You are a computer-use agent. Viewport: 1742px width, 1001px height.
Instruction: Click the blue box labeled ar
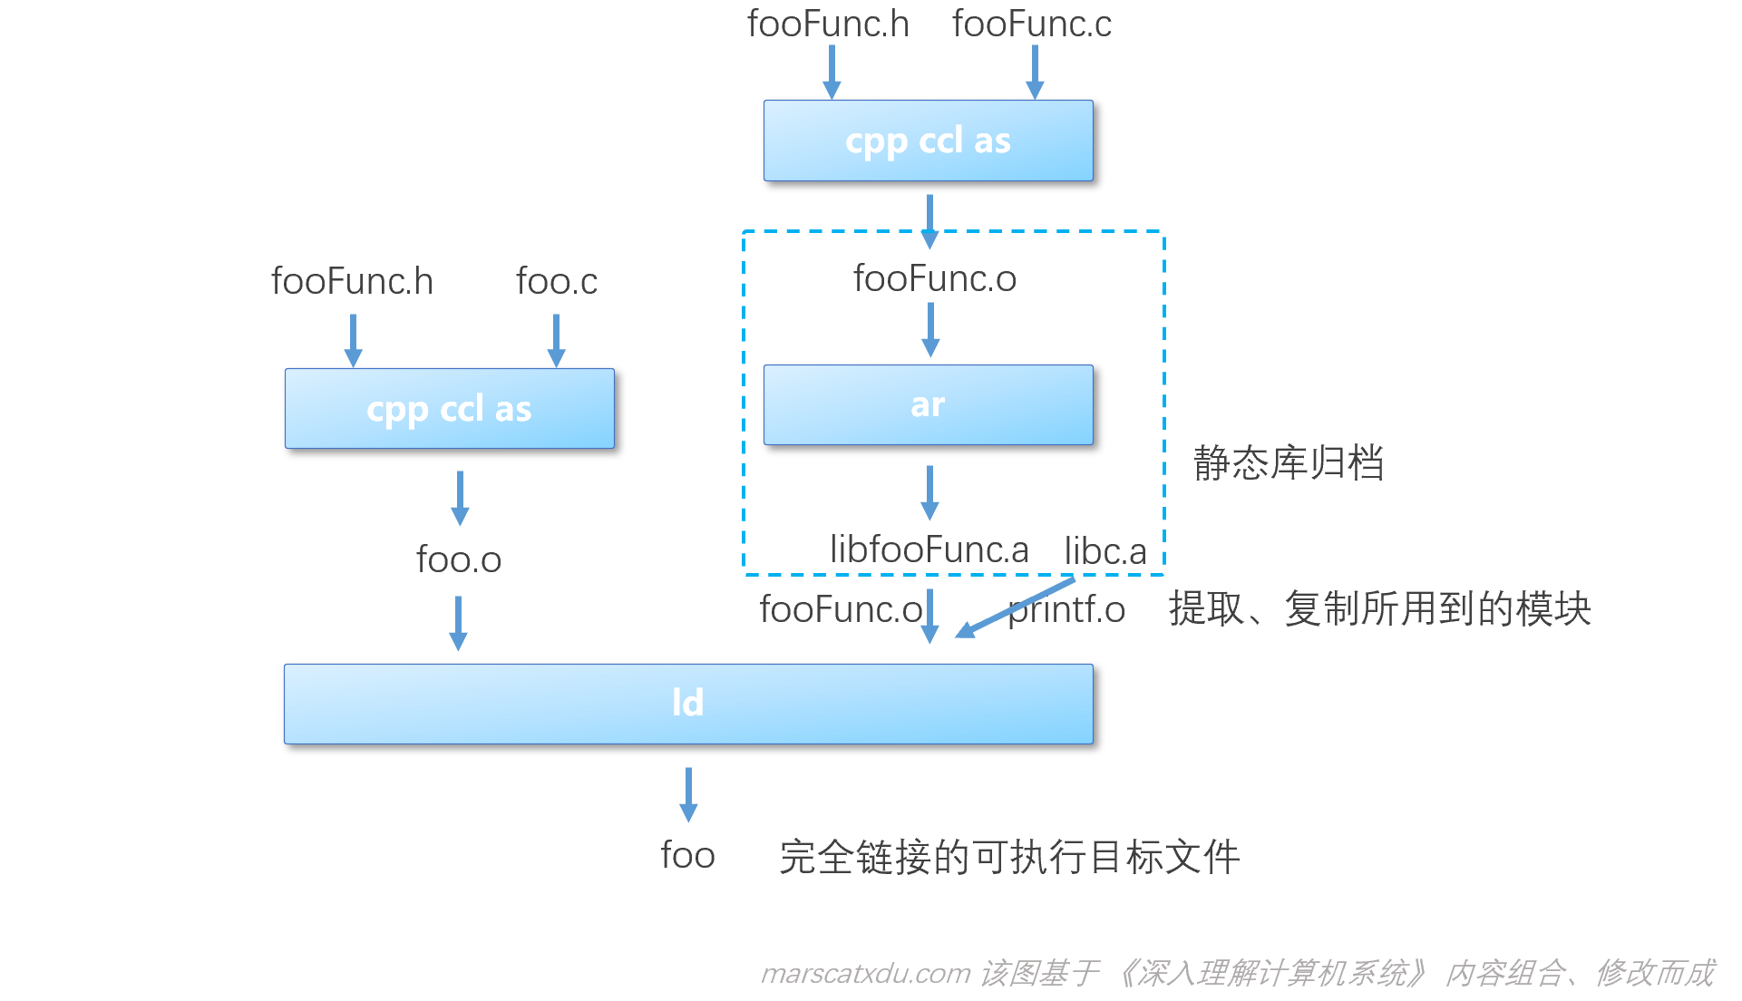pos(928,405)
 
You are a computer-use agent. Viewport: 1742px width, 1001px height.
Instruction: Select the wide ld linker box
pos(688,704)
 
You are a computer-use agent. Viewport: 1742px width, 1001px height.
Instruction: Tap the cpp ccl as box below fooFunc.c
pos(928,141)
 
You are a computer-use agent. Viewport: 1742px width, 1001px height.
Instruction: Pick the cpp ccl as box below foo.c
pos(449,409)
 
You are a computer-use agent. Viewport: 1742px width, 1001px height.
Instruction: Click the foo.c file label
pos(557,282)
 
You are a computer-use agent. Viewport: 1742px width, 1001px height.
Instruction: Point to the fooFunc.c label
pos(1031,24)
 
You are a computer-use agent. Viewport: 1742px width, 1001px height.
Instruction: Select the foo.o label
pos(459,559)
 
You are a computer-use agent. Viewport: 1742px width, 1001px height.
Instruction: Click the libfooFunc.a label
pos(929,549)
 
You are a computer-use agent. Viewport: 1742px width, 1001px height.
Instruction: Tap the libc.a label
pos(1105,551)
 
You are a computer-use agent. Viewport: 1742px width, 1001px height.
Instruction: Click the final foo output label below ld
pos(687,855)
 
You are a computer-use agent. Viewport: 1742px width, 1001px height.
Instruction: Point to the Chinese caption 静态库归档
pos(1288,462)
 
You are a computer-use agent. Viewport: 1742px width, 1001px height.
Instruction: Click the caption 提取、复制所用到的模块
pos(1379,608)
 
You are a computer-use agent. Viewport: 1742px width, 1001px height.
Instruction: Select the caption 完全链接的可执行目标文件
pos(1009,857)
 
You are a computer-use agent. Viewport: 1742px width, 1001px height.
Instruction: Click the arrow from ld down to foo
pos(688,794)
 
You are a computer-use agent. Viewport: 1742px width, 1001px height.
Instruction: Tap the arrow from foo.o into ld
pos(459,623)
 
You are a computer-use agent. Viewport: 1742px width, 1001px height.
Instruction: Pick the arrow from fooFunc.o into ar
pos(930,329)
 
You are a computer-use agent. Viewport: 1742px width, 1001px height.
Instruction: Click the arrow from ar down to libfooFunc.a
pos(929,492)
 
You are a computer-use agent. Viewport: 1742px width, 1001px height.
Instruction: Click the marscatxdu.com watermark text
pos(865,974)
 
